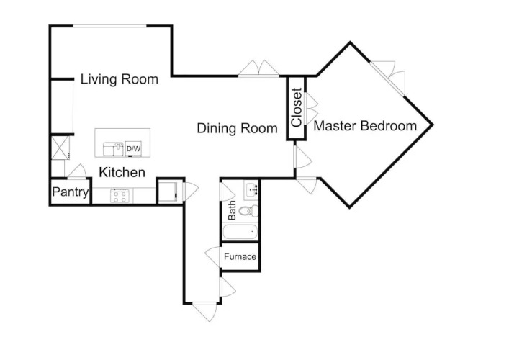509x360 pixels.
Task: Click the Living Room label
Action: click(x=119, y=79)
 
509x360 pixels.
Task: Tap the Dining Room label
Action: click(x=237, y=128)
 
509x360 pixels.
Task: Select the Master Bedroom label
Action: click(x=365, y=125)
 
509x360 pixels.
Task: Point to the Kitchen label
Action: click(x=122, y=172)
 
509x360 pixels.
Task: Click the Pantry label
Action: click(x=71, y=192)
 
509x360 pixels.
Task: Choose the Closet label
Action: click(x=297, y=107)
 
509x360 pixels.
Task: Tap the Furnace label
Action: click(x=240, y=257)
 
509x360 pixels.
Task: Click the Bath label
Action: click(x=232, y=210)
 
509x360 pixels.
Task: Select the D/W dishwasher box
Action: click(x=133, y=149)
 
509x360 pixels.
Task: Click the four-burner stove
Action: click(x=120, y=197)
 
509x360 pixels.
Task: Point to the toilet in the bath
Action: click(x=248, y=211)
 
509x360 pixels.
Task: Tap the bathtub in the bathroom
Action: click(x=240, y=232)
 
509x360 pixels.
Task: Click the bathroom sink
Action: click(x=251, y=189)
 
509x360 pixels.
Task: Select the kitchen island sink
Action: click(x=113, y=149)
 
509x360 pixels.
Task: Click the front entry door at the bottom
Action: click(x=204, y=312)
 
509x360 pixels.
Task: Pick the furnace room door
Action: click(x=213, y=256)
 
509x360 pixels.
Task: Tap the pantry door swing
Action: click(x=76, y=171)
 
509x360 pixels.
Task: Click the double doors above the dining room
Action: click(x=258, y=68)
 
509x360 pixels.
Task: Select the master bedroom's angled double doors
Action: click(x=388, y=78)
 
